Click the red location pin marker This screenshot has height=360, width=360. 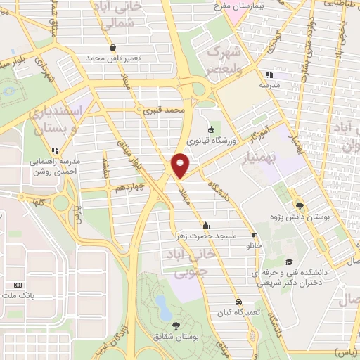click(x=181, y=165)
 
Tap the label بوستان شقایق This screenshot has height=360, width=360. click(x=176, y=337)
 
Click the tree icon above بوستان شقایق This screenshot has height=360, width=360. click(x=175, y=325)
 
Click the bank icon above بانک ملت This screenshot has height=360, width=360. click(x=18, y=285)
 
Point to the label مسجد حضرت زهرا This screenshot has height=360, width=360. click(x=207, y=236)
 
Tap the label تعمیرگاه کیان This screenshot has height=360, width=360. click(x=239, y=311)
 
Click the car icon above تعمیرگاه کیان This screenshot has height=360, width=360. click(x=239, y=300)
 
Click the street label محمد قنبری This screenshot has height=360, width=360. click(x=163, y=110)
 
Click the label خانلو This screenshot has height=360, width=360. click(x=253, y=247)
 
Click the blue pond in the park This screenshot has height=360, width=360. click(x=162, y=306)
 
